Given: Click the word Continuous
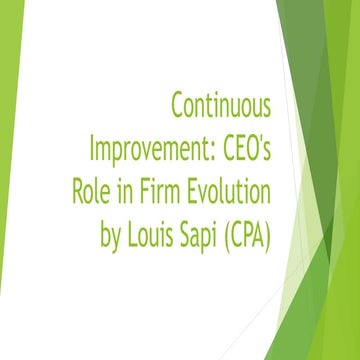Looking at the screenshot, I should [222, 103].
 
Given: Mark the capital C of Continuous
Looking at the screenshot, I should [178, 103].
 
